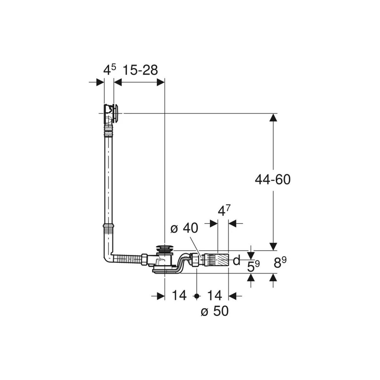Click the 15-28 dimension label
(x=140, y=70)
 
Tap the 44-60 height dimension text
(x=273, y=180)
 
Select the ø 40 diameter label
(x=184, y=228)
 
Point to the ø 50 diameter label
(x=215, y=311)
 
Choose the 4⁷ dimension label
(x=224, y=211)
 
